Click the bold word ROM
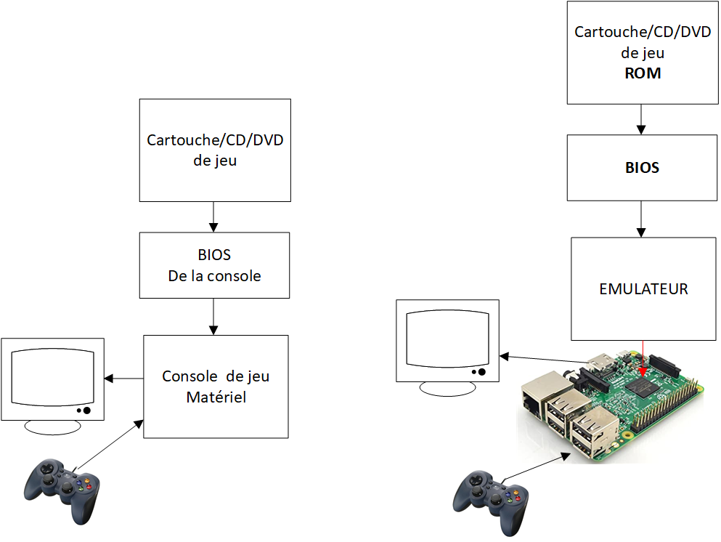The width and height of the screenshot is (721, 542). (643, 73)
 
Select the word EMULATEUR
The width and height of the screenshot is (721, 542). (643, 289)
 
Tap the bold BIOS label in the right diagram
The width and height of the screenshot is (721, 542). (642, 168)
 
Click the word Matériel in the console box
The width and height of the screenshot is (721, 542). (216, 397)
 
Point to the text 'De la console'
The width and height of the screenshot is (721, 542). (214, 275)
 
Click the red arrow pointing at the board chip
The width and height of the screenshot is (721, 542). (643, 358)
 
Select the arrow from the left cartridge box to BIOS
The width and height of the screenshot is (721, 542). (213, 217)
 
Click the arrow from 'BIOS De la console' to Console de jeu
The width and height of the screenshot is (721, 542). (213, 317)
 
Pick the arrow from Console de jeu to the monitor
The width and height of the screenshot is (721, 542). (123, 379)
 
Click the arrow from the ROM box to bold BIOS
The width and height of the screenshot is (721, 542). (641, 119)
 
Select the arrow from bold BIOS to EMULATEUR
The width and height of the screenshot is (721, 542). (641, 219)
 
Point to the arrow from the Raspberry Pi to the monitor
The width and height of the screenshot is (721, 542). (543, 360)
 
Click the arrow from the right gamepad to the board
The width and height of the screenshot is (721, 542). (537, 466)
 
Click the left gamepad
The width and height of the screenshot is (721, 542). (62, 490)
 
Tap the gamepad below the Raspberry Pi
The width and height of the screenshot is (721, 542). (491, 503)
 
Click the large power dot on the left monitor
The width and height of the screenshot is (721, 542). (86, 410)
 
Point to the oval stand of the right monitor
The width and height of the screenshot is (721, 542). (447, 389)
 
